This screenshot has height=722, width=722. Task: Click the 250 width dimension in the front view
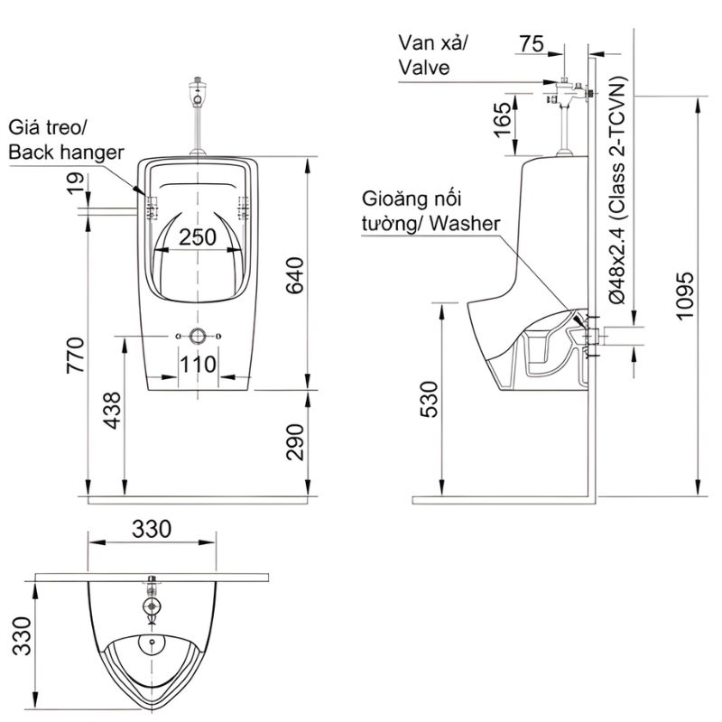click(x=198, y=236)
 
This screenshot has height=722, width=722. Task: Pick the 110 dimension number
click(x=198, y=364)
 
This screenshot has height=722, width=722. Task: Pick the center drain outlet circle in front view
click(x=198, y=338)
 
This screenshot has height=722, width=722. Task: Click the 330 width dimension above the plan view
click(x=152, y=529)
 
